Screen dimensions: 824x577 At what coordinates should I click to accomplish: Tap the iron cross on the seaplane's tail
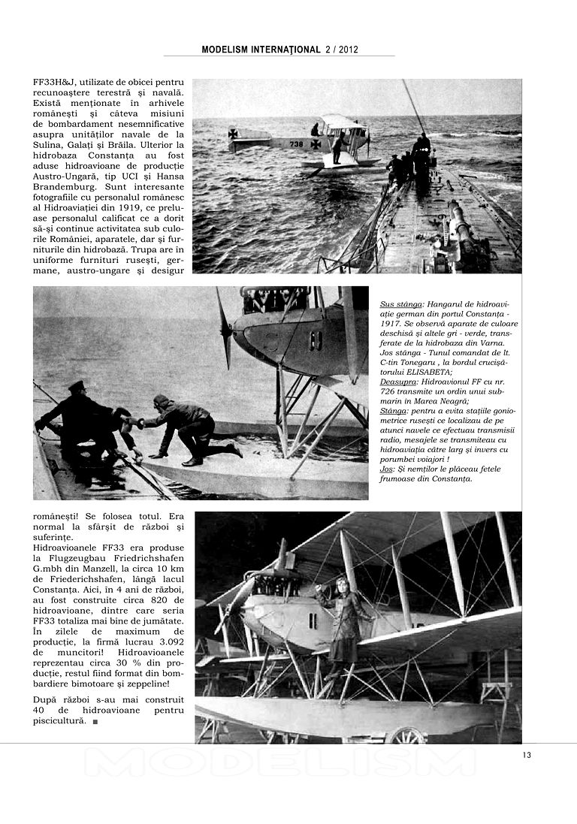click(x=233, y=134)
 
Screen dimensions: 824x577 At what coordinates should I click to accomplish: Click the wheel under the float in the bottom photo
click(x=406, y=735)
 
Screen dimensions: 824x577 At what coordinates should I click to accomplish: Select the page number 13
click(x=526, y=755)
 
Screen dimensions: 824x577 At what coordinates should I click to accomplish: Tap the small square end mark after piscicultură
click(x=95, y=722)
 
